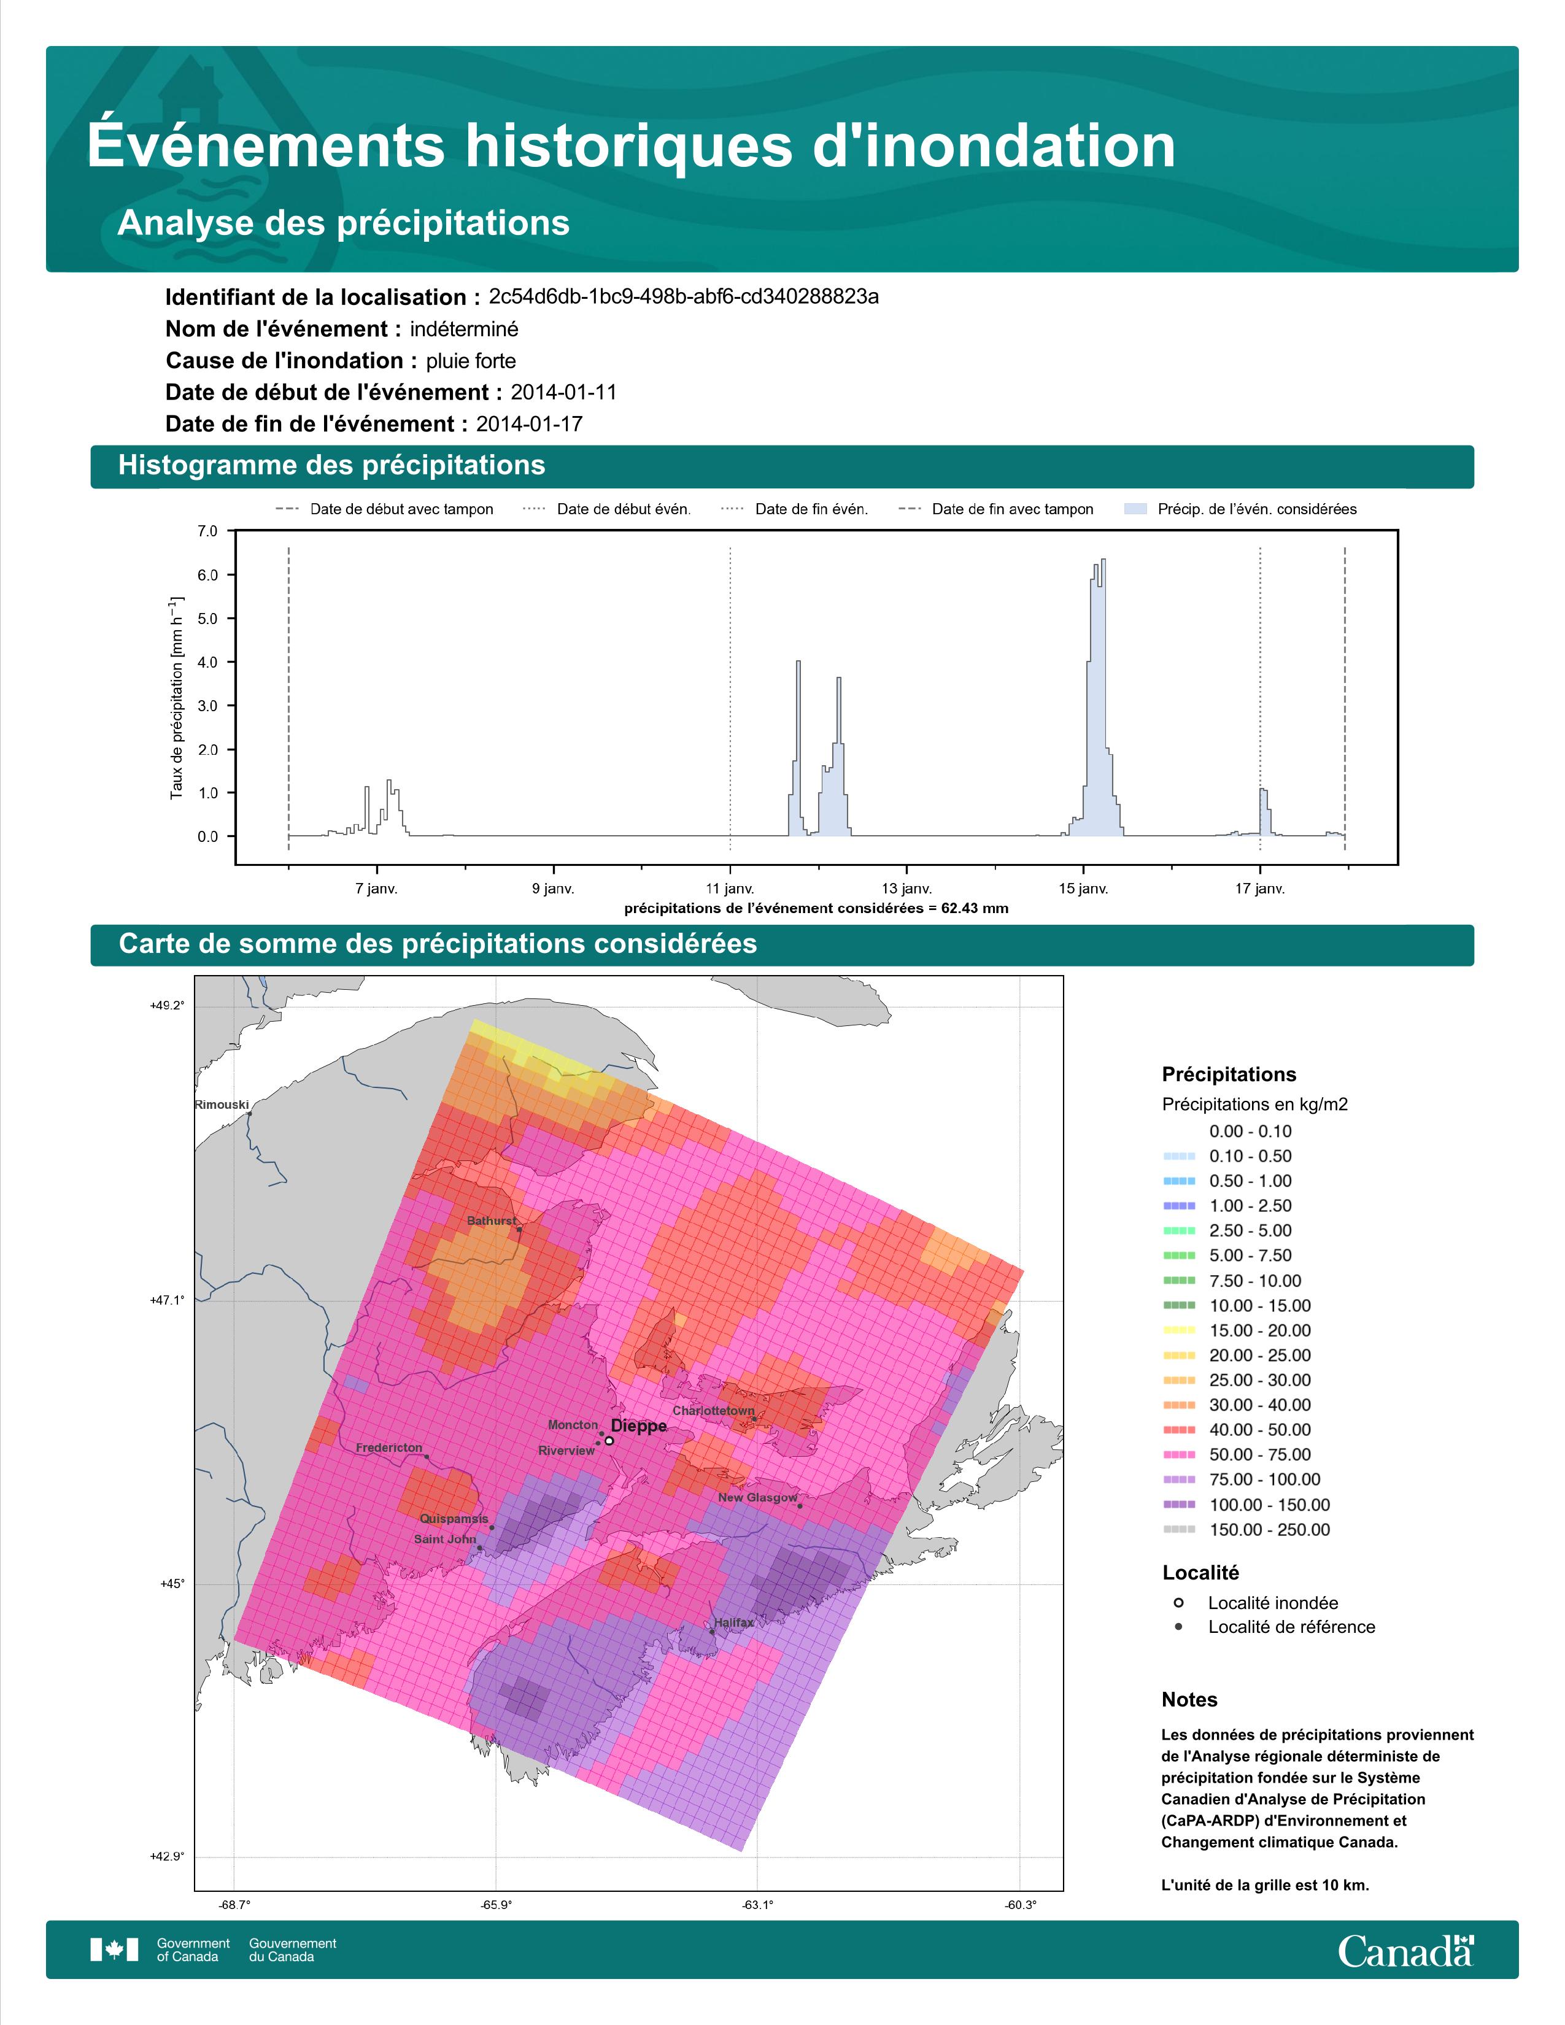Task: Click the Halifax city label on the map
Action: tap(733, 1622)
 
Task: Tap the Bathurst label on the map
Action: tap(492, 1220)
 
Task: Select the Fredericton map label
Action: tap(389, 1448)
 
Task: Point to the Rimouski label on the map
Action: tap(222, 1105)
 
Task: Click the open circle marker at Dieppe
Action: tap(609, 1441)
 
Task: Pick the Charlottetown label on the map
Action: tap(714, 1410)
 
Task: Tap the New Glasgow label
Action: tap(757, 1497)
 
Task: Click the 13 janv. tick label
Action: tap(906, 889)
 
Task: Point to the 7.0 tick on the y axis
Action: tap(207, 531)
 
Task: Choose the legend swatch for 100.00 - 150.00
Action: tap(1178, 1505)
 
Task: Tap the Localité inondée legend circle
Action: tap(1178, 1602)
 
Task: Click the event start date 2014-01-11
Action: tap(563, 392)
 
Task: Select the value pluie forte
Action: tap(471, 361)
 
